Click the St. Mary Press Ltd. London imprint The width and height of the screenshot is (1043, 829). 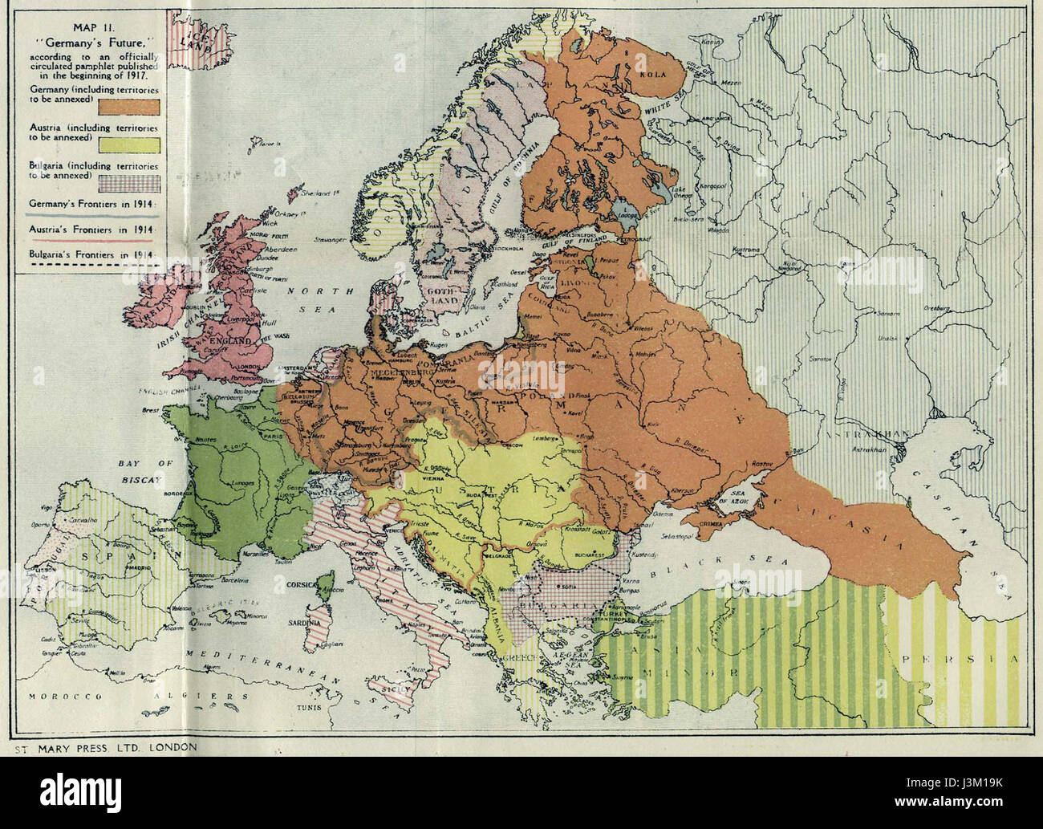(103, 747)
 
